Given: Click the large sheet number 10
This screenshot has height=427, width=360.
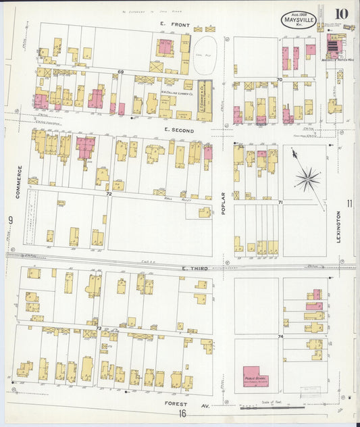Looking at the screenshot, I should click(341, 14).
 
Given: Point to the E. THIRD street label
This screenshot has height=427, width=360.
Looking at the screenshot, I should click(194, 269).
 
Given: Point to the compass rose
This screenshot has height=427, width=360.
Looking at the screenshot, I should click(307, 178).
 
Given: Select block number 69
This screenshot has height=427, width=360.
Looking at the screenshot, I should click(122, 72).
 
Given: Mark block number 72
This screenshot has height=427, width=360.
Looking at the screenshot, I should click(108, 194).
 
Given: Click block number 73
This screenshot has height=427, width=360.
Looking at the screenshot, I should click(99, 328).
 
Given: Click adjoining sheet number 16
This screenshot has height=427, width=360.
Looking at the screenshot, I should click(182, 414).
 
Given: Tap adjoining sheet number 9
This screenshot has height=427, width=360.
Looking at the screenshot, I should click(11, 220).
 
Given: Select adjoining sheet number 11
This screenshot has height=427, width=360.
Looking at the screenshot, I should click(349, 203).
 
